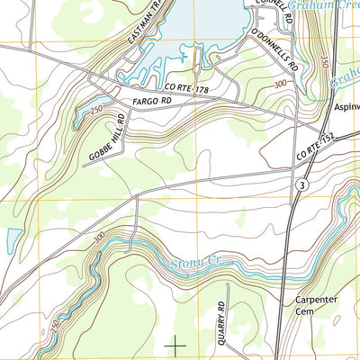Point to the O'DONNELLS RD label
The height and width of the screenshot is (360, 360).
tap(274, 51)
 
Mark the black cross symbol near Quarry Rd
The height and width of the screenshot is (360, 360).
tap(175, 343)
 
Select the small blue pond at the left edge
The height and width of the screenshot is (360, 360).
tap(12, 240)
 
